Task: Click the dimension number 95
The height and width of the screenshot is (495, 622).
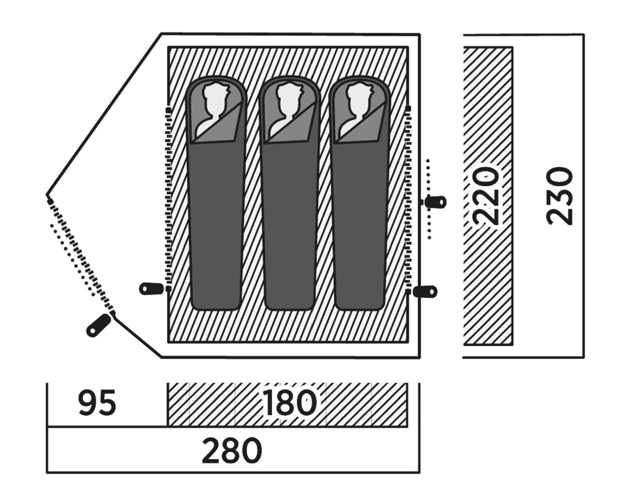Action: click(97, 402)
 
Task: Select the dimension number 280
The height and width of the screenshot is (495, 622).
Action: click(232, 450)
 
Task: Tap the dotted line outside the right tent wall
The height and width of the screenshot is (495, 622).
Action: click(429, 199)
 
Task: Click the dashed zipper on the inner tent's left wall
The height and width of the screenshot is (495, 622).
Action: click(168, 199)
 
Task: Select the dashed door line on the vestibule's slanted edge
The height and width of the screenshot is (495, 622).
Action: click(81, 257)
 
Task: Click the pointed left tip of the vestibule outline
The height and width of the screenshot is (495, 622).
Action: click(47, 195)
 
